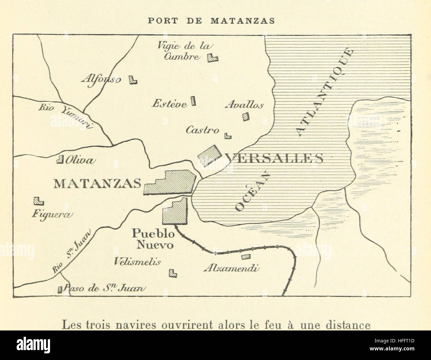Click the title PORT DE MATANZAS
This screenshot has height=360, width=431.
211,21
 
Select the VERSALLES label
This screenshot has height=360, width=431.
274,159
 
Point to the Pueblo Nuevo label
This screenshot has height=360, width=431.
153,239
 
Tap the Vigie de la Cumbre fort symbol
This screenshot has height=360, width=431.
212,58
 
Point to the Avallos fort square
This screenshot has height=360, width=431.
246,116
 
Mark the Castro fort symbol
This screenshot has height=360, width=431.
228,135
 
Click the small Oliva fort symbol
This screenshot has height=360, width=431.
60,160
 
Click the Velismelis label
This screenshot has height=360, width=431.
138,261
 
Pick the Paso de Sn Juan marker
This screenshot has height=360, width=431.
60,289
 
